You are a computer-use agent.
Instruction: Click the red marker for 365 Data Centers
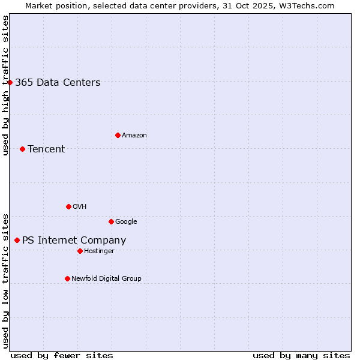click(10, 82)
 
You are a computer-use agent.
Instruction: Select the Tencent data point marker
click(22, 149)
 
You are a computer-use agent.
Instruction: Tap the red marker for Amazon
click(118, 135)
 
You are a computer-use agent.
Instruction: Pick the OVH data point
click(68, 206)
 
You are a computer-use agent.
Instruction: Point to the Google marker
click(111, 221)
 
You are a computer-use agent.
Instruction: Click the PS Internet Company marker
click(17, 240)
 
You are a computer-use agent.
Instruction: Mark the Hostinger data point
click(80, 251)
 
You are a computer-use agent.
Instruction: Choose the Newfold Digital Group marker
click(67, 278)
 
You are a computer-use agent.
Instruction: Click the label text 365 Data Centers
click(58, 83)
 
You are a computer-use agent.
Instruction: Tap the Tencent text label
click(46, 149)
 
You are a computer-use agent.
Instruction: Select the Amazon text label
click(134, 136)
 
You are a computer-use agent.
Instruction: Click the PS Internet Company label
click(74, 241)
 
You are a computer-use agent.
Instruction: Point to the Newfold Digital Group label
click(106, 278)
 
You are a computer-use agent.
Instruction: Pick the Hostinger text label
click(99, 251)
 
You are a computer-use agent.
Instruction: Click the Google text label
click(126, 222)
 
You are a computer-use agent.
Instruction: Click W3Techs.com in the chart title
click(310, 6)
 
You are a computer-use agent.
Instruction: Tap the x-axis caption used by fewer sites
click(62, 355)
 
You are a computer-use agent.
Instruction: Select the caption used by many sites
click(301, 355)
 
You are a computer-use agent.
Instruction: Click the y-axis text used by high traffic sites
click(6, 86)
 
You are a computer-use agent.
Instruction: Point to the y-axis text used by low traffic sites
click(6, 281)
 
